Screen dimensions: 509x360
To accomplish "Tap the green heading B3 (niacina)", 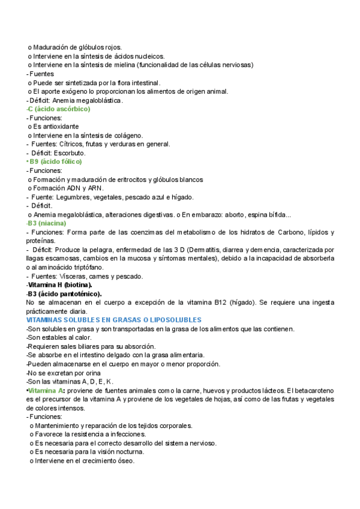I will point(47,223).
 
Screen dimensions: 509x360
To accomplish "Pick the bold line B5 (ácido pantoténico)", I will point(65,294).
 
